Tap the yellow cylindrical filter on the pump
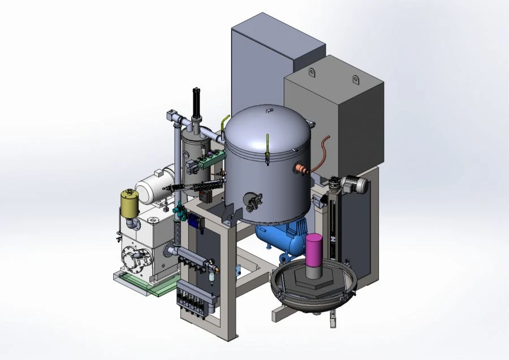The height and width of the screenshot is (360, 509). (x=130, y=204)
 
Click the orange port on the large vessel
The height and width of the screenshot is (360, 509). (x=299, y=168)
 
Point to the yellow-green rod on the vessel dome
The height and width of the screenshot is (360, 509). (x=266, y=148)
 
